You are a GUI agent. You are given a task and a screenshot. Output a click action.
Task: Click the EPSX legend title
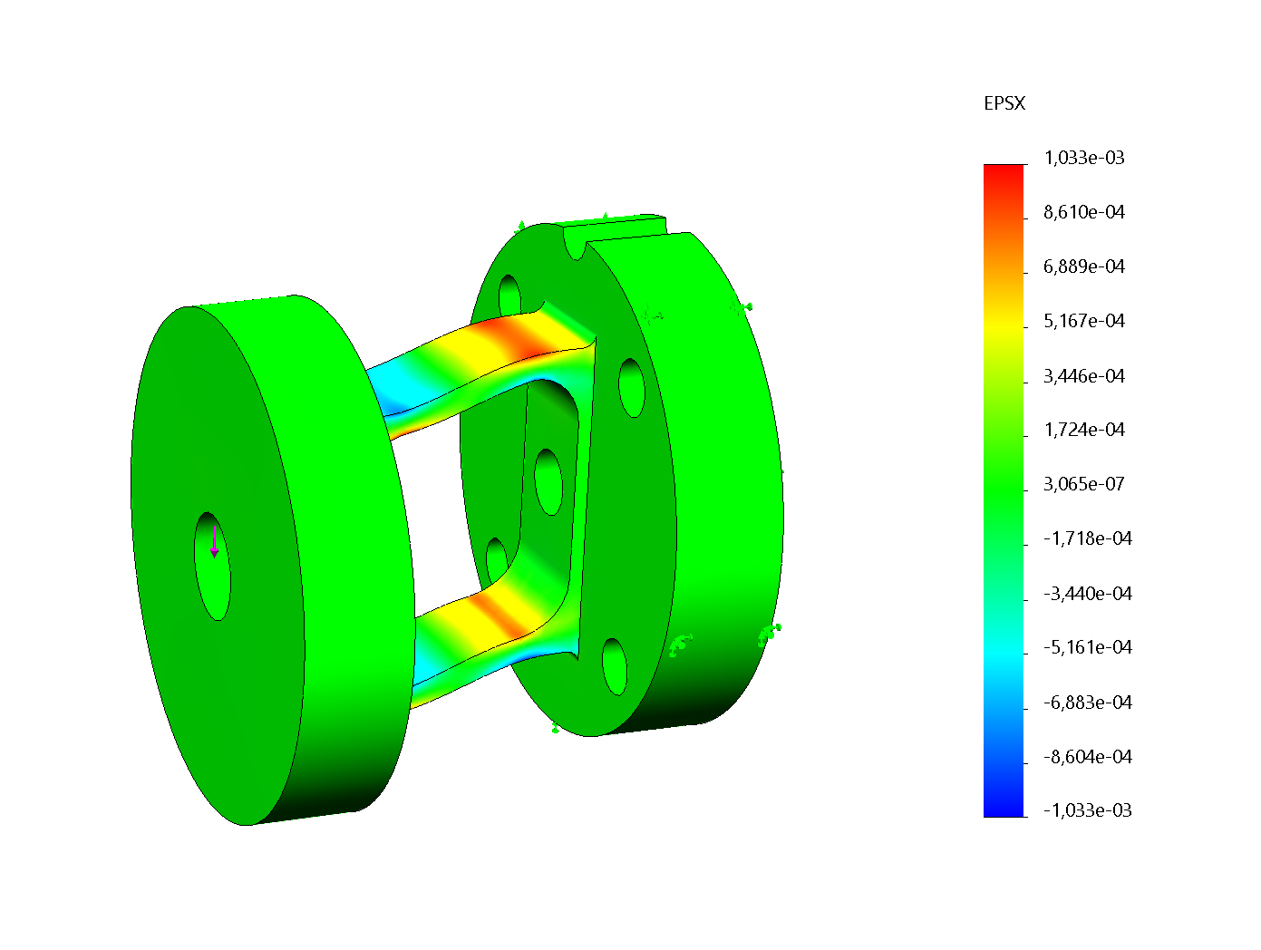pos(1004,103)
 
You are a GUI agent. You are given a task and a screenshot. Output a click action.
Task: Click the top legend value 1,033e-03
pos(1083,158)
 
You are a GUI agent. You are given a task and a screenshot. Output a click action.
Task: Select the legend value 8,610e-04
pos(1083,212)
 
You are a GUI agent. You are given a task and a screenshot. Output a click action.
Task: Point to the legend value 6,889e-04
pos(1083,267)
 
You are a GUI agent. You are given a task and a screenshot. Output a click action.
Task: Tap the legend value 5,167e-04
pos(1083,321)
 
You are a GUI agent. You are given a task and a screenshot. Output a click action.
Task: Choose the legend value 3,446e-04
pos(1083,375)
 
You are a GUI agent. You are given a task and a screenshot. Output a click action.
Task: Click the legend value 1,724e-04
pos(1083,430)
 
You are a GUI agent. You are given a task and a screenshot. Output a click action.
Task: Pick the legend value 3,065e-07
pos(1083,484)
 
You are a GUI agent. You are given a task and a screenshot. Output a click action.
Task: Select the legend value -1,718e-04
pos(1087,538)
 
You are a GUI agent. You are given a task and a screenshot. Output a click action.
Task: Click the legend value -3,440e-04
pos(1087,593)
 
